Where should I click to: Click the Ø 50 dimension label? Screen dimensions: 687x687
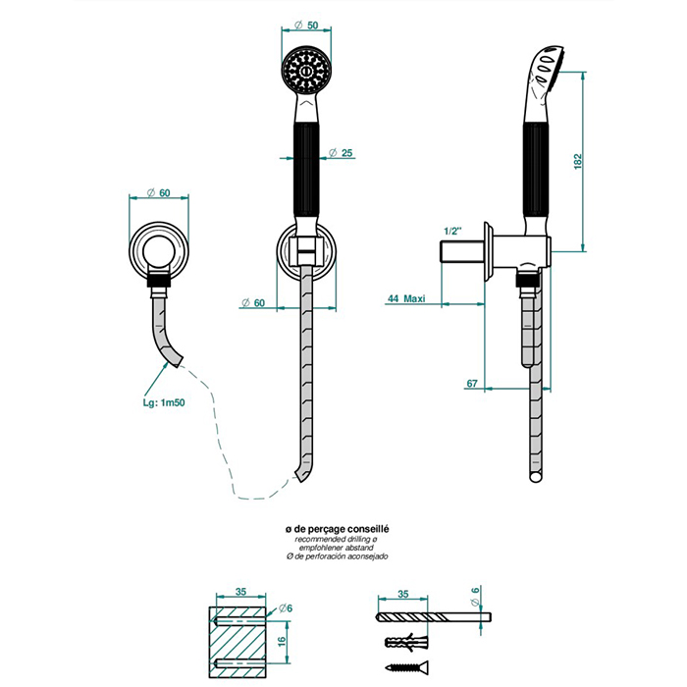coord(306,25)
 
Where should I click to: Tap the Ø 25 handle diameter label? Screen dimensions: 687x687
coord(341,152)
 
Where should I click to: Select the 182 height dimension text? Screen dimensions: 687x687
coord(578,161)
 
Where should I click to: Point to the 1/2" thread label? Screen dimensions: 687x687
coord(452,231)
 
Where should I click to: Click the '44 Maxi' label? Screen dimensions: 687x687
coord(406,298)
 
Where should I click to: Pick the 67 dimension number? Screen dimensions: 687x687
coord(471,384)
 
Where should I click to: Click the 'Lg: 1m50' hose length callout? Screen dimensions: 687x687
coord(164,402)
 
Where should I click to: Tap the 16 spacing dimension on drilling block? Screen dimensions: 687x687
coord(282,640)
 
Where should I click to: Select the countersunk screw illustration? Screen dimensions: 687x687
coord(406,667)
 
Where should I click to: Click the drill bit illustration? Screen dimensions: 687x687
coord(434,617)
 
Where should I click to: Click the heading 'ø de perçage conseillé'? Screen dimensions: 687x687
coord(337,529)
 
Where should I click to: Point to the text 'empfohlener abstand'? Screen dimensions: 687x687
coord(337,548)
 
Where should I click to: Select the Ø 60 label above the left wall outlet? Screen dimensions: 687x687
coord(158,192)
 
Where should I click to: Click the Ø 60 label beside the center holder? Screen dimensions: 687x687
coord(253,302)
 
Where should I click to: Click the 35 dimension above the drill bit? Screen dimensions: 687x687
coord(402,594)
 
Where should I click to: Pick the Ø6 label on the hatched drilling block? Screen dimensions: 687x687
coord(286,608)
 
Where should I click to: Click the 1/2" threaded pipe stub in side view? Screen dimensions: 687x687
coord(462,251)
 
